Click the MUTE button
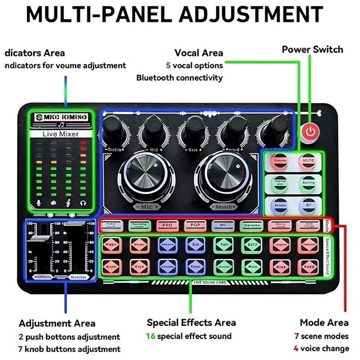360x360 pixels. tap(306, 161)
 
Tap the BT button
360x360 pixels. tap(306, 204)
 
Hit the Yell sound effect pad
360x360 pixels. tap(223, 245)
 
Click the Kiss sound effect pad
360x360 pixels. tap(280, 267)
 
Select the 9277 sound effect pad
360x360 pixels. tap(251, 245)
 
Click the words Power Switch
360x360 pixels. tap(312, 49)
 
